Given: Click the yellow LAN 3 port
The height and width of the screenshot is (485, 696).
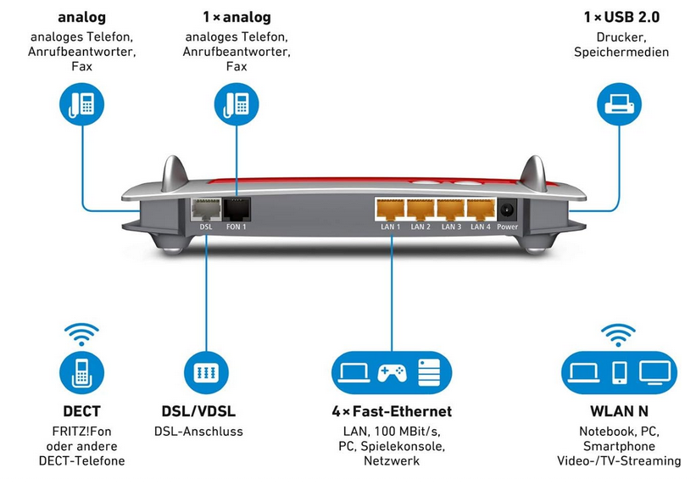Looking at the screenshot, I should point(450,209).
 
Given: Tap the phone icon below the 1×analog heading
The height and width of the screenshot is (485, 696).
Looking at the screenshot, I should point(237,104).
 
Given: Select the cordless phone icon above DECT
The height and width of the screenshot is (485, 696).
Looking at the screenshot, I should point(81,372).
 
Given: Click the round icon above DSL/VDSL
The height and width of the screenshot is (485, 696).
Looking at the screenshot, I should point(206,372).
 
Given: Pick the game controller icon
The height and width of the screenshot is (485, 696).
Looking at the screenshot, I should point(391,371).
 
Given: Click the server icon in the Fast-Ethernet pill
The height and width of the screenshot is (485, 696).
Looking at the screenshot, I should point(430,371).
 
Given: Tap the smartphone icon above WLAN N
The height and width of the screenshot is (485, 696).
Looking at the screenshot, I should point(620,371).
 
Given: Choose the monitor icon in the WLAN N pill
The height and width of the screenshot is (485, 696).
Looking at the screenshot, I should point(654,371).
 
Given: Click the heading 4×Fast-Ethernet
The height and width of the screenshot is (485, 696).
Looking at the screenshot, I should point(391,412).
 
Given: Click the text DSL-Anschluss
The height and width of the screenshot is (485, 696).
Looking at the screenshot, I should point(198,432).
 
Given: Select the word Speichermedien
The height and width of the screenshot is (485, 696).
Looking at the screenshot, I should point(621,53).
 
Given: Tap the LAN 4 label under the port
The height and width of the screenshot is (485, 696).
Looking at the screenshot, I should point(481,227).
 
